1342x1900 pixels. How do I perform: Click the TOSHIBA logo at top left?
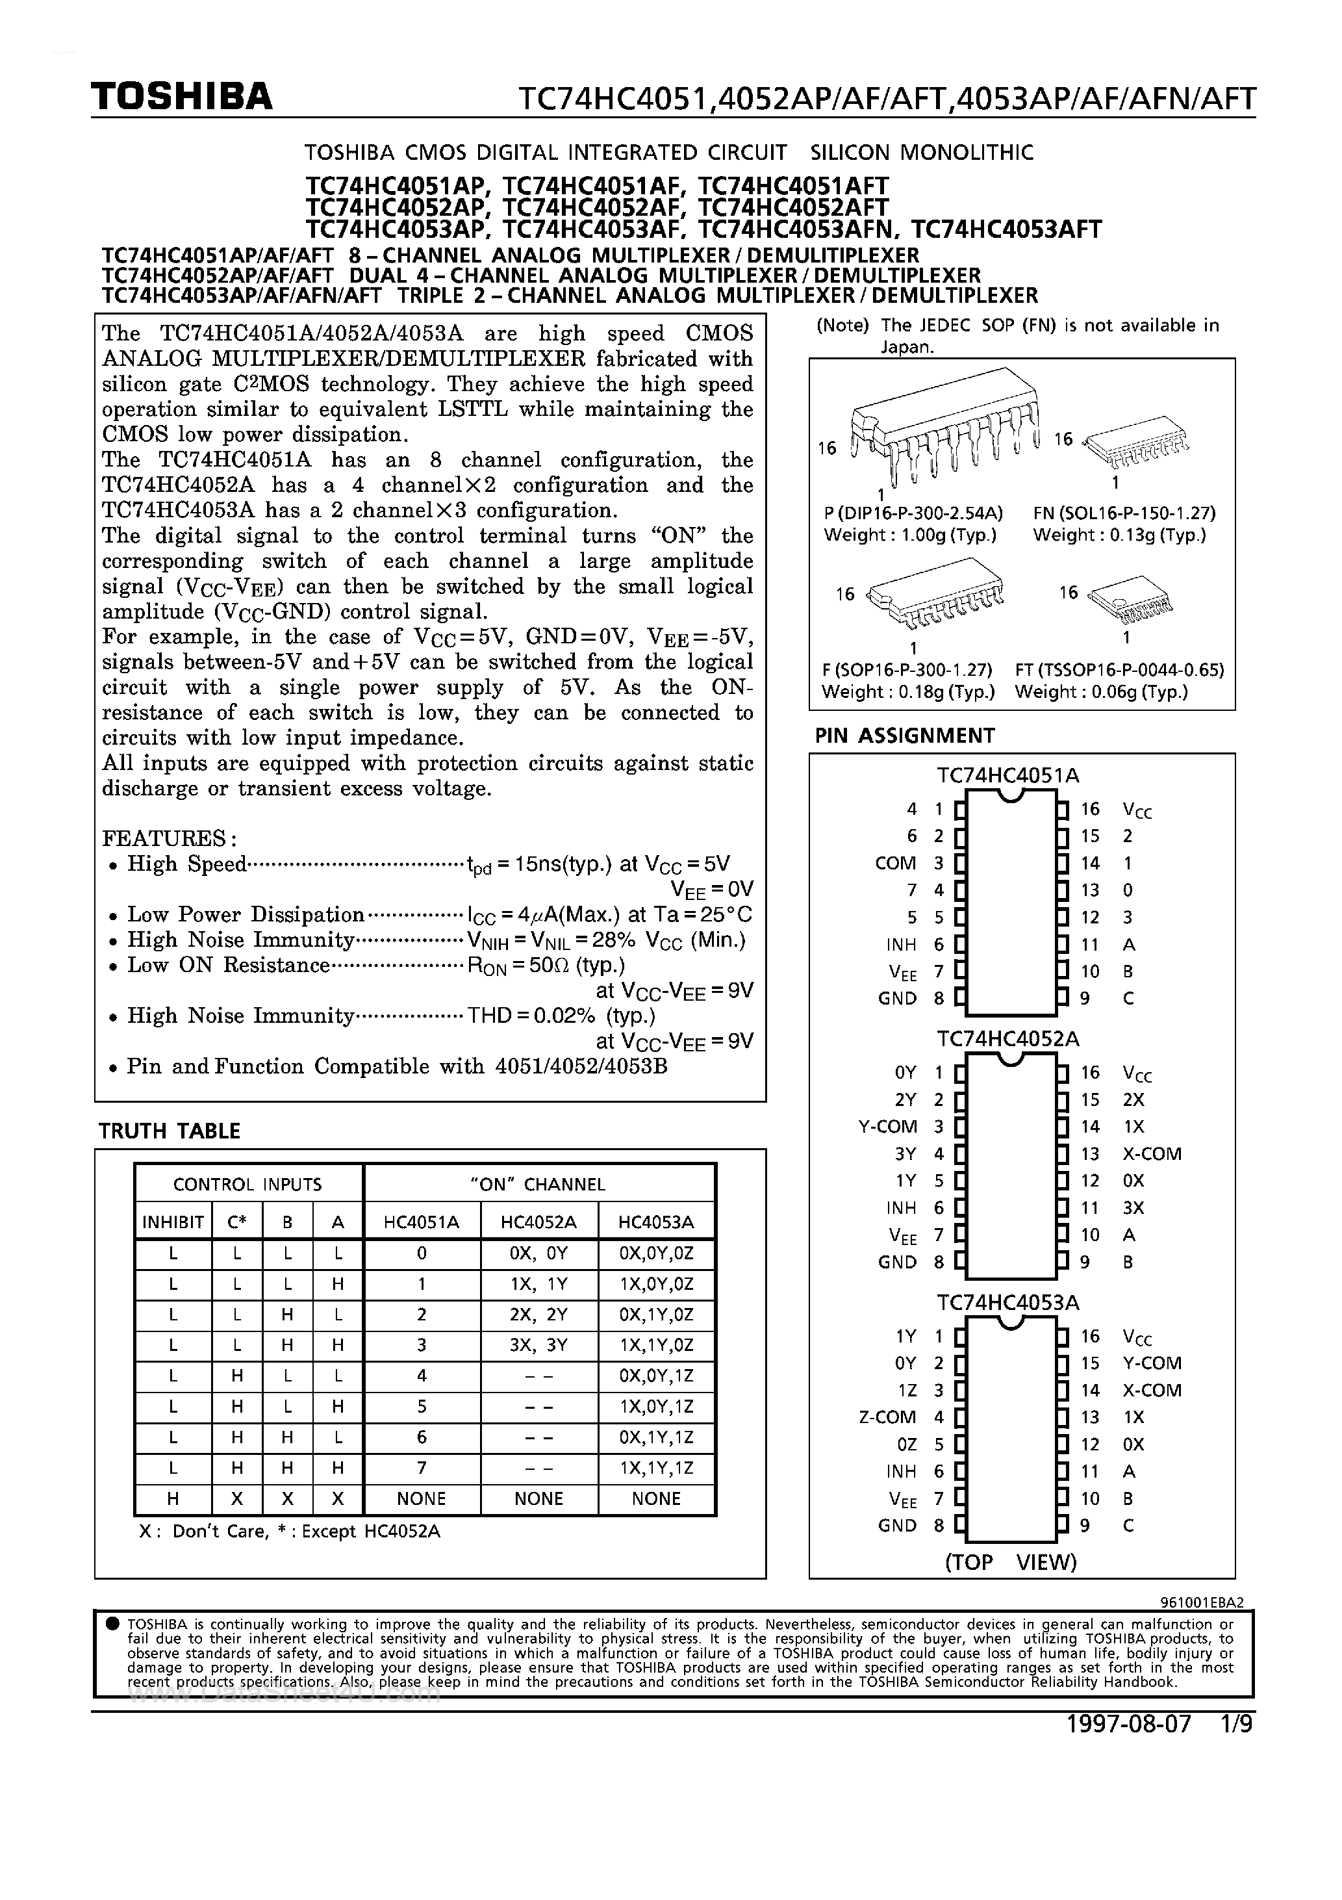pyautogui.click(x=181, y=97)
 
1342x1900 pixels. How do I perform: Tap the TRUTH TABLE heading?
pyautogui.click(x=169, y=1131)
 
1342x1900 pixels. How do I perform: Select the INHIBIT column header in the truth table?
pyautogui.click(x=173, y=1222)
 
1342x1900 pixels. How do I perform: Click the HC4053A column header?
pyautogui.click(x=655, y=1222)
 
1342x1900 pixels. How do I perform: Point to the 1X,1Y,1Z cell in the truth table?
pyautogui.click(x=655, y=1468)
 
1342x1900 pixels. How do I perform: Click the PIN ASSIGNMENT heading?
pyautogui.click(x=904, y=736)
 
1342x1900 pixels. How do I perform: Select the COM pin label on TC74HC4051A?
pyautogui.click(x=895, y=863)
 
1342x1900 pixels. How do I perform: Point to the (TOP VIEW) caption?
pyautogui.click(x=1010, y=1561)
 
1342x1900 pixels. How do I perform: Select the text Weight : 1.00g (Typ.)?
pyautogui.click(x=910, y=535)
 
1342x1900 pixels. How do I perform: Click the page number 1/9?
pyautogui.click(x=1236, y=1724)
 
